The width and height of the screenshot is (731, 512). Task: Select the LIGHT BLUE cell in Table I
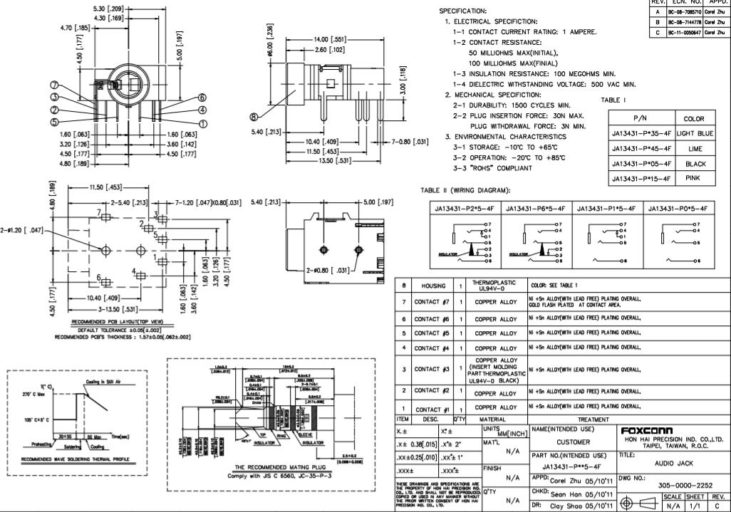(x=693, y=133)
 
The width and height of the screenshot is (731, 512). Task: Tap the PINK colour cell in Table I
(x=693, y=178)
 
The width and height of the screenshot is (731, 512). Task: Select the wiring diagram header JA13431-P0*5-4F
(x=678, y=208)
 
